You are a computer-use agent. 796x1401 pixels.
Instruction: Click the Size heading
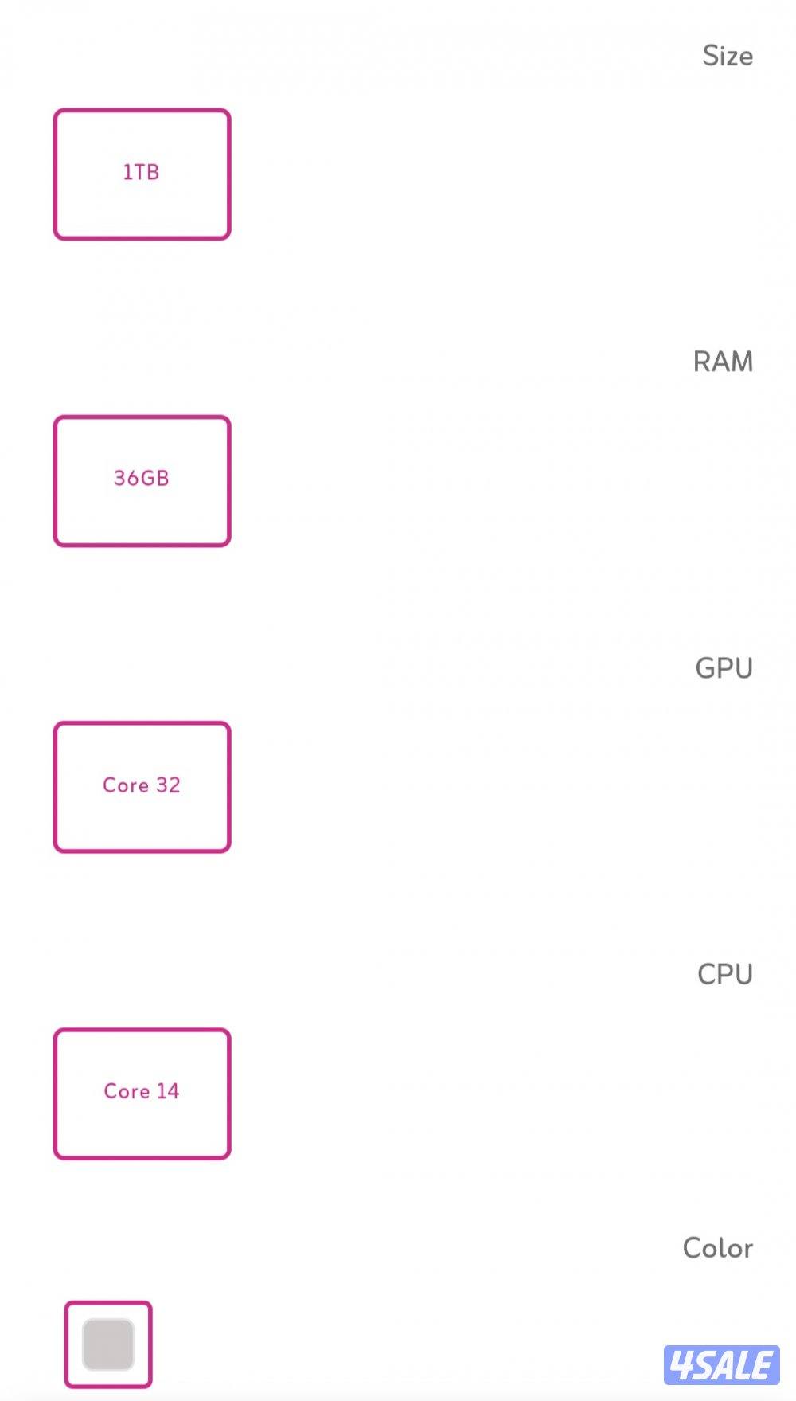coord(727,56)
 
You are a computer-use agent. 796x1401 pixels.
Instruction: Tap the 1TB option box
coord(142,174)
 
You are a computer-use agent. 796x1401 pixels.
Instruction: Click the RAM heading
coord(722,362)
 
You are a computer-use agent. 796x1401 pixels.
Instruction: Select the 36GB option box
coord(142,480)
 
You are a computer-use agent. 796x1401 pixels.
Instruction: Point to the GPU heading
coord(724,668)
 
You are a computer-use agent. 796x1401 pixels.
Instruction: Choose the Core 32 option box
coord(142,787)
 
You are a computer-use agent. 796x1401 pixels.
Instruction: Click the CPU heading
coord(724,974)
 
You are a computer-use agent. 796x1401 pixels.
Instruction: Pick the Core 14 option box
coord(142,1093)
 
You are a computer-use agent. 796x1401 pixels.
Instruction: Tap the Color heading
coord(717,1248)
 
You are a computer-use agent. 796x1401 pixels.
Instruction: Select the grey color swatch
coord(108,1344)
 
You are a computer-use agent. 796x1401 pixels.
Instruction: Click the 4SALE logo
coord(721,1365)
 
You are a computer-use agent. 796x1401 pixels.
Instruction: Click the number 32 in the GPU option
coord(168,785)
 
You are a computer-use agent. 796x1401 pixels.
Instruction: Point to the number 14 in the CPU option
coord(167,1091)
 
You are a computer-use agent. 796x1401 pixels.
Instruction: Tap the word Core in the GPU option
coord(126,785)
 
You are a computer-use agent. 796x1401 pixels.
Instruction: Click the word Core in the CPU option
coord(127,1091)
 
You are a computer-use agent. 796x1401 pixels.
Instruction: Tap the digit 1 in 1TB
coord(127,172)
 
